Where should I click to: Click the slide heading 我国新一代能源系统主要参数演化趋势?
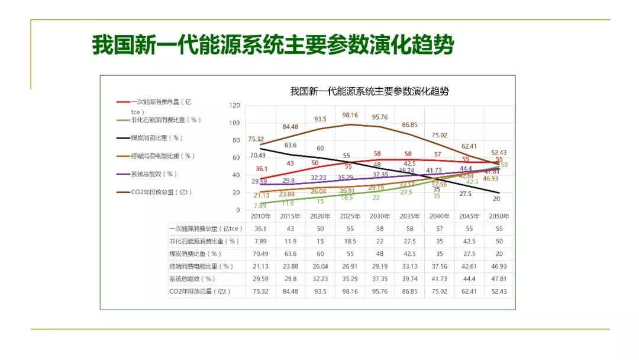(273, 44)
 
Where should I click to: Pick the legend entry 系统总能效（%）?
(154, 174)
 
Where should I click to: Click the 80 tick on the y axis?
(236, 140)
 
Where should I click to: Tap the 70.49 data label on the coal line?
(256, 155)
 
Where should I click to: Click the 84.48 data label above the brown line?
(290, 127)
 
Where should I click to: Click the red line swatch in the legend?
(122, 102)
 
